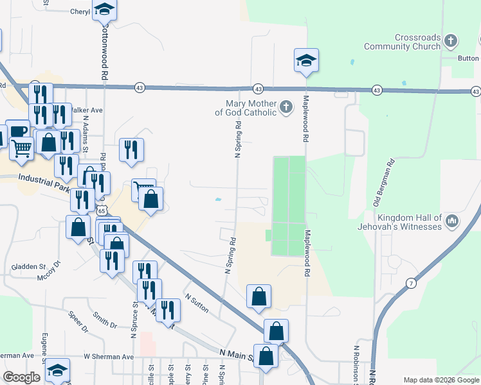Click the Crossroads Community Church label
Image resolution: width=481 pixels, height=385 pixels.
pos(403,42)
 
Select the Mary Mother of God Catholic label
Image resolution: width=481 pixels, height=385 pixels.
pos(250,108)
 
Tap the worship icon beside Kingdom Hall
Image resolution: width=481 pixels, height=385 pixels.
pos(451,222)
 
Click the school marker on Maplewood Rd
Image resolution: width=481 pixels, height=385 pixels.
pos(307,61)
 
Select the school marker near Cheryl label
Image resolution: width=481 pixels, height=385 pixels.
pos(104,10)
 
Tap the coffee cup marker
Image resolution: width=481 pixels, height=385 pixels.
pos(18,131)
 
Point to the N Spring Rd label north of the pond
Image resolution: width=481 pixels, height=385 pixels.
pos(237,139)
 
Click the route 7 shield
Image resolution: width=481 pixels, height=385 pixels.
pos(410,282)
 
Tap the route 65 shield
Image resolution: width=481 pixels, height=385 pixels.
pos(102,210)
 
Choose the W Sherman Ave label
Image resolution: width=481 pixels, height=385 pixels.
pos(108,356)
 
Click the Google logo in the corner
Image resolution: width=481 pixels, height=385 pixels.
pos(21,377)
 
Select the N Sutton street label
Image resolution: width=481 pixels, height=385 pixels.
pos(197,303)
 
